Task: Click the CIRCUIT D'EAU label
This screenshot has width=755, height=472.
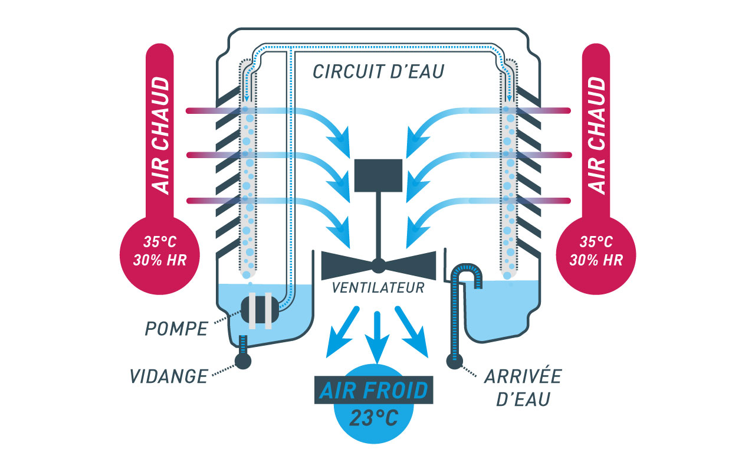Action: tap(378, 72)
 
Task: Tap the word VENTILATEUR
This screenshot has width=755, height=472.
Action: tap(378, 289)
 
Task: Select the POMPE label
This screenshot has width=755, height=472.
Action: tap(176, 329)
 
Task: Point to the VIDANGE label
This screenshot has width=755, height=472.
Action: tap(169, 375)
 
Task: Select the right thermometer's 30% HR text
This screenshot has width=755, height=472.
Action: tap(597, 260)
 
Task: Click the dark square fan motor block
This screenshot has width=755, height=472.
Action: tap(378, 175)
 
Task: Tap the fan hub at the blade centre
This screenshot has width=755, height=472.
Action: tap(378, 265)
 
